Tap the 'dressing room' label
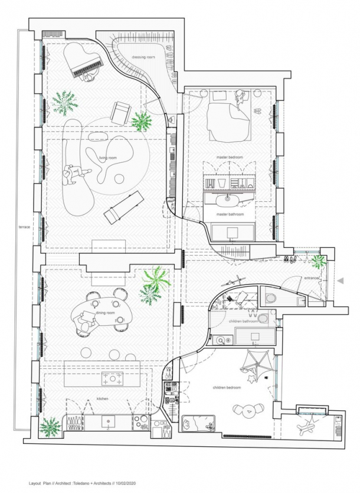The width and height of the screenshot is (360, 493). (143, 57)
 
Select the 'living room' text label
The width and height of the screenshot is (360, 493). (108, 158)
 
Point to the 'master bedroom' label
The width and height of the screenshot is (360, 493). (230, 157)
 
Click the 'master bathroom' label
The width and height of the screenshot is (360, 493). (230, 214)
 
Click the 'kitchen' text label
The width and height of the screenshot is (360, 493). (103, 399)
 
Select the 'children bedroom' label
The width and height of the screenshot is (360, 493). (227, 387)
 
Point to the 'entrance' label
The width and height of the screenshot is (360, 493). (311, 278)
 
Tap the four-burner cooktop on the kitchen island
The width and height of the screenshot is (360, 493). (112, 378)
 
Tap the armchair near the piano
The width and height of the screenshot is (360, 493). (120, 113)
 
